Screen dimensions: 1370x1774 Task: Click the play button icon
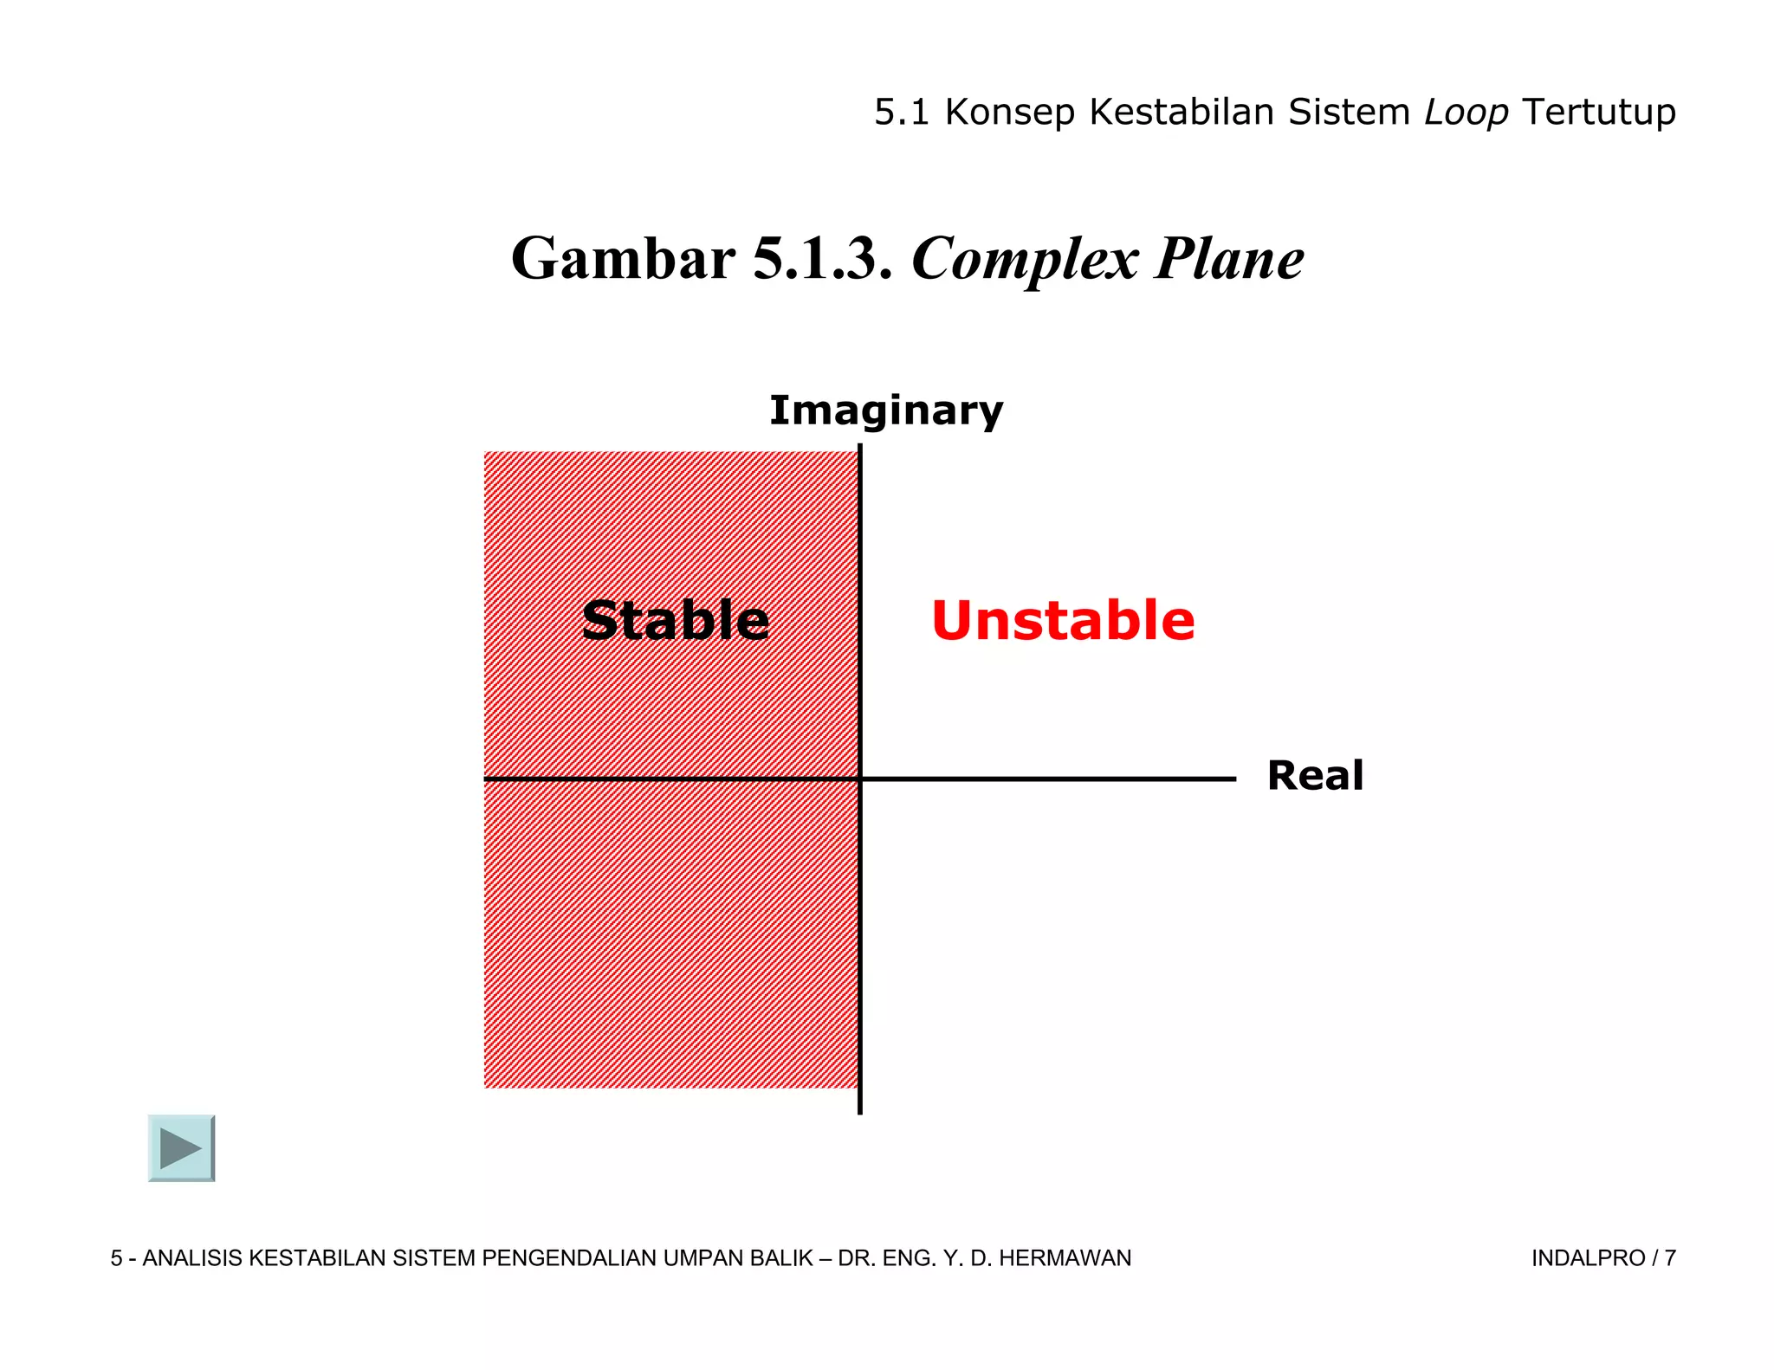pos(181,1147)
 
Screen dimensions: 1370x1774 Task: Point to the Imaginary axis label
pos(885,410)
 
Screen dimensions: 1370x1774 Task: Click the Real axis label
pos(1314,775)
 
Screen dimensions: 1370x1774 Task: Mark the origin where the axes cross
pos(859,779)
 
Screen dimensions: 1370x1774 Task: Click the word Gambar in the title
pos(623,259)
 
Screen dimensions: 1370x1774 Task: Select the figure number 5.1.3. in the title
pos(822,259)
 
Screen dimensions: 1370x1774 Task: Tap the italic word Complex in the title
pos(1025,259)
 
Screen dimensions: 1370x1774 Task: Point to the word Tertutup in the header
pos(1598,113)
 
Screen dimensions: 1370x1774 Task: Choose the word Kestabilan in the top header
pos(1182,113)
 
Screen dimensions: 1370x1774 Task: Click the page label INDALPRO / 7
pos(1603,1258)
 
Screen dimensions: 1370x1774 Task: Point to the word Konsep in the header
pos(1010,113)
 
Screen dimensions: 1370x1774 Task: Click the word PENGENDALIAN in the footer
pos(569,1258)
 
